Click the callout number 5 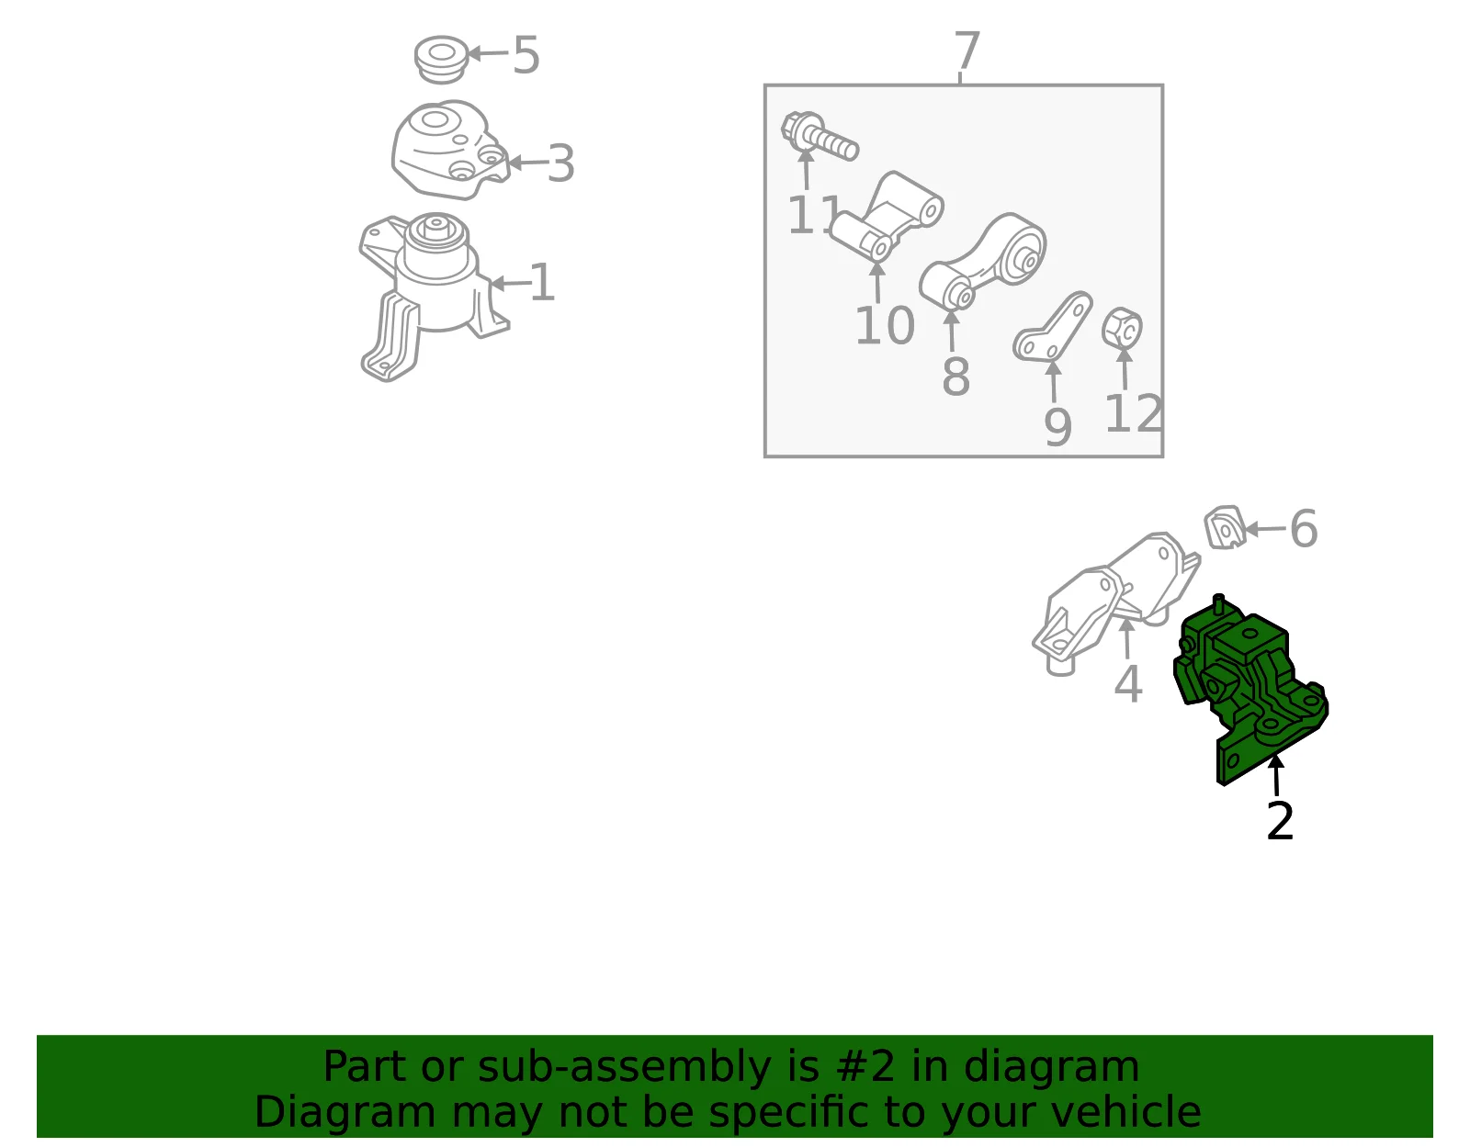pos(526,55)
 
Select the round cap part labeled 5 pos(441,60)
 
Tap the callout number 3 pos(560,163)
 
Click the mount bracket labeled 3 pos(449,150)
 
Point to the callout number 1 pos(542,283)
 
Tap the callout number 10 pos(885,326)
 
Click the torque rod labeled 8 pos(982,262)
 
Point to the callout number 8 pos(955,377)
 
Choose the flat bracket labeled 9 pos(1053,326)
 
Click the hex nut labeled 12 pos(1122,329)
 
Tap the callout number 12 pos(1134,413)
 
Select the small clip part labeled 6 pos(1225,527)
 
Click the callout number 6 pos(1304,529)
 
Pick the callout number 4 pos(1127,683)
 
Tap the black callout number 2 pos(1280,821)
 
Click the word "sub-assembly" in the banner pos(624,1066)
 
